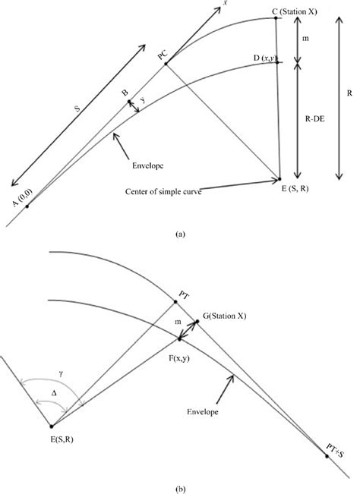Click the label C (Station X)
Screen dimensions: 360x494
(295, 12)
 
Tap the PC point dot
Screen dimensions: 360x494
(166, 65)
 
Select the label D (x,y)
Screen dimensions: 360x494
(265, 58)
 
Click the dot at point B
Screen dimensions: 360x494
(129, 102)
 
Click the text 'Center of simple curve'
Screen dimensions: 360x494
(163, 191)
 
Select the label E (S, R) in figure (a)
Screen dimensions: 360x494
(295, 188)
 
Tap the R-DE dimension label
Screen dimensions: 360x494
(314, 119)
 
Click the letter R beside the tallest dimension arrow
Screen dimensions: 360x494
(349, 93)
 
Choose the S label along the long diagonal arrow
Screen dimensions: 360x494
(77, 109)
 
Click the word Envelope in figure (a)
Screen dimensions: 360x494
(148, 165)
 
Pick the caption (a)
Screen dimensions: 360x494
(180, 234)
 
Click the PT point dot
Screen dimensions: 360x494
(175, 302)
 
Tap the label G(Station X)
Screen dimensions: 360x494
(225, 316)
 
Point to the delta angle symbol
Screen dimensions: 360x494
(54, 393)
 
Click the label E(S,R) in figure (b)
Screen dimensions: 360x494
(62, 439)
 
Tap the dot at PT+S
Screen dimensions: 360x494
(327, 456)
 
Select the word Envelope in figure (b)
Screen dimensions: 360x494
(202, 411)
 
